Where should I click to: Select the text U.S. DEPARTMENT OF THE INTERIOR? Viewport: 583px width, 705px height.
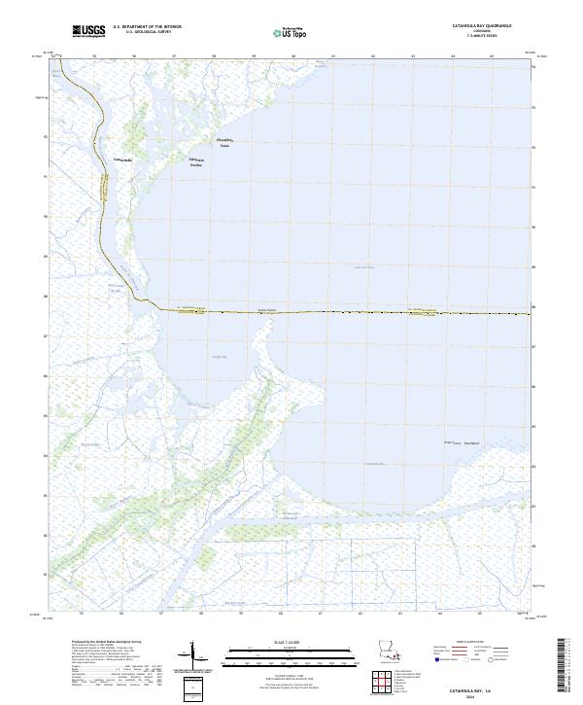click(x=147, y=27)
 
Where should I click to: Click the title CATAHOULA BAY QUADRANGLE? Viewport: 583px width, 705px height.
click(x=482, y=26)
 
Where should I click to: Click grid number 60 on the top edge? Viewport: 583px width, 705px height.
click(x=293, y=56)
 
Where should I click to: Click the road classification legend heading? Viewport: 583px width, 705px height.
click(x=469, y=644)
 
